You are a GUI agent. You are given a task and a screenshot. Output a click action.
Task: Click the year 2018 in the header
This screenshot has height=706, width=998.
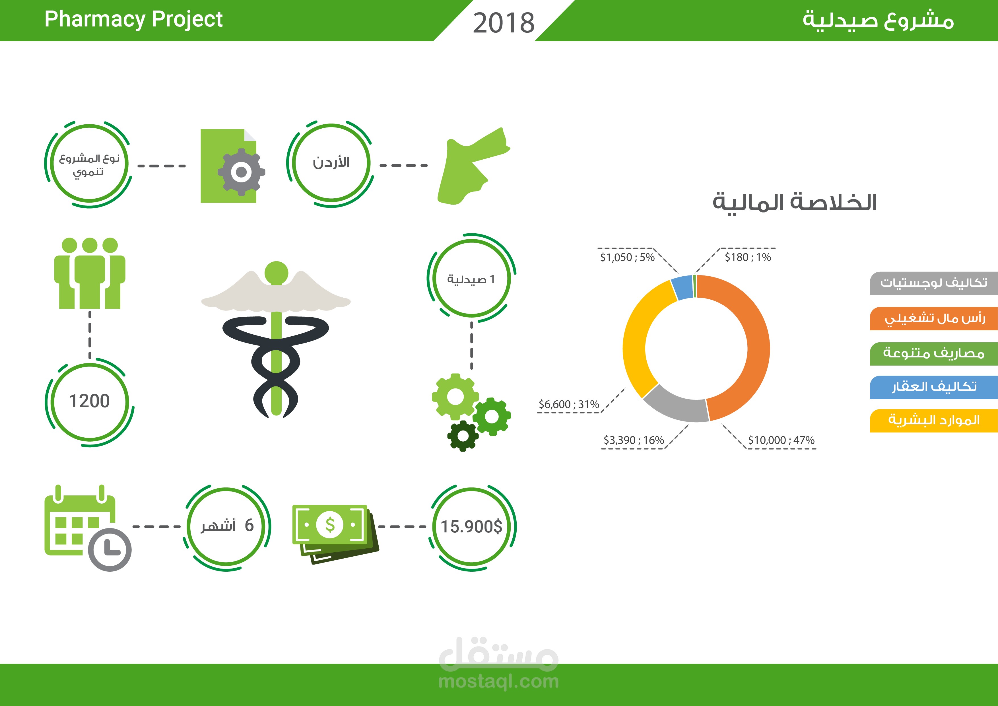pos(503,22)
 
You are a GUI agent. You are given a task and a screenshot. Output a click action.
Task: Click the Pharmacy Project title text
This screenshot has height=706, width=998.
pos(133,19)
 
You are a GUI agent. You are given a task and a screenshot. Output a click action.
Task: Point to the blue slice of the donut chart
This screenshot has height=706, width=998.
pos(682,287)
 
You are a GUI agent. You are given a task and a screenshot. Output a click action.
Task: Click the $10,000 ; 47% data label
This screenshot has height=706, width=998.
pos(781,440)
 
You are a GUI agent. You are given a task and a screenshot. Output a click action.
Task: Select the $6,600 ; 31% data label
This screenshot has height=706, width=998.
pos(568,404)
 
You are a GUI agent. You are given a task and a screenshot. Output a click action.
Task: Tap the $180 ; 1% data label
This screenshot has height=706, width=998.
pos(748,257)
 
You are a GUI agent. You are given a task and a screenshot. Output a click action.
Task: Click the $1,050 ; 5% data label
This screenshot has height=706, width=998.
pos(627,257)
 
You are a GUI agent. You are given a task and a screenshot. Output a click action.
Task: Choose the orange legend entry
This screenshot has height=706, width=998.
pos(933,319)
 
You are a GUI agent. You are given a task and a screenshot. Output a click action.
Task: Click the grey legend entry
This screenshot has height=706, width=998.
pos(933,283)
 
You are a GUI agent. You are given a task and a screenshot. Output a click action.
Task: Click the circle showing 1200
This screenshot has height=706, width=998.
pos(90,401)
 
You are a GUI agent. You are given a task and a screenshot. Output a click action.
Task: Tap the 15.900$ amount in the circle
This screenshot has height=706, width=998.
pos(472,526)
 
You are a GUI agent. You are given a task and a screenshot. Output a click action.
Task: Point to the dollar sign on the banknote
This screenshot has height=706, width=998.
pos(330,525)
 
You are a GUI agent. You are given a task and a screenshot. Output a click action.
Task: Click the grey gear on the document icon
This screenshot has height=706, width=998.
pos(241,172)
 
